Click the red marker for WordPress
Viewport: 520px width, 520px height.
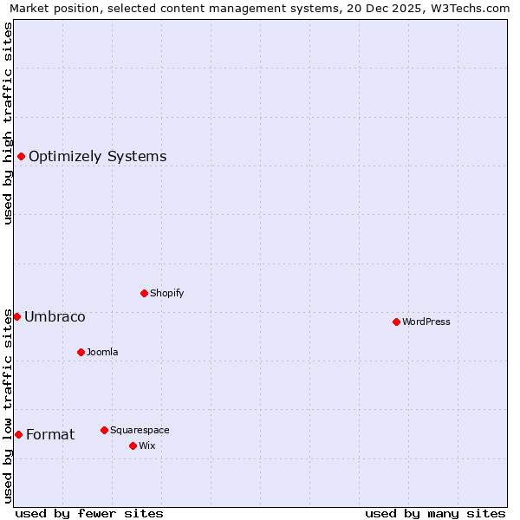click(x=396, y=322)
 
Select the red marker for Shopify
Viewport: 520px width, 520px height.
click(x=144, y=293)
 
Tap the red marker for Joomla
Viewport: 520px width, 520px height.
click(x=81, y=352)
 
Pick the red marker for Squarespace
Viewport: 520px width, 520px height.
click(x=104, y=430)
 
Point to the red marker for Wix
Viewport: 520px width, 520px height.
click(x=133, y=445)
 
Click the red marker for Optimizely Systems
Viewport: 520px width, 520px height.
click(x=21, y=156)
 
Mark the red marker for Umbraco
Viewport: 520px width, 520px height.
click(x=16, y=316)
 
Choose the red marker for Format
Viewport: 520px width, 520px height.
click(x=18, y=434)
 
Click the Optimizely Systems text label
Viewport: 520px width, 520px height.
click(x=97, y=157)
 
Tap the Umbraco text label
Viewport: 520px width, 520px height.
click(x=55, y=317)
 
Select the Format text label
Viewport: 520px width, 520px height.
click(x=50, y=435)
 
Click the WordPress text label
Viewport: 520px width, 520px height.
click(x=426, y=322)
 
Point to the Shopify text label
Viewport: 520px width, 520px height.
click(x=166, y=294)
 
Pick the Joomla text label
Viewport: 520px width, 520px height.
click(x=102, y=353)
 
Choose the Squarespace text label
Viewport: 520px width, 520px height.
click(x=140, y=431)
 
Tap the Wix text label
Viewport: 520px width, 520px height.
click(x=146, y=446)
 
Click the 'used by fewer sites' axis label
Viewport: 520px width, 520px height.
click(x=89, y=513)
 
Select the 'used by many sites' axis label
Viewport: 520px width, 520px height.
click(x=435, y=513)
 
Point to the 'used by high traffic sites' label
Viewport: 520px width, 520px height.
click(x=8, y=123)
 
